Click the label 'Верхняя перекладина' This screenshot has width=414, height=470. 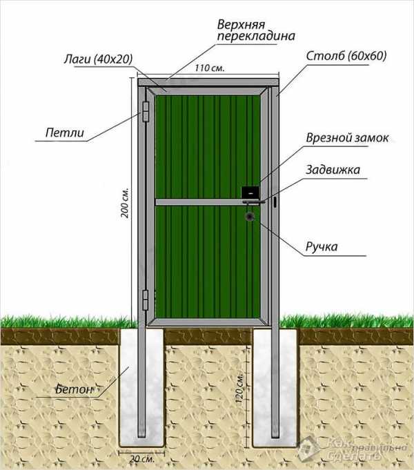pyautogui.click(x=256, y=30)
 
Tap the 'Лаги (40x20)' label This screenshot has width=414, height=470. pyautogui.click(x=98, y=59)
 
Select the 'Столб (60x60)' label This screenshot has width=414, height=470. pyautogui.click(x=346, y=56)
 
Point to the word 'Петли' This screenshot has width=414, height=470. pyautogui.click(x=65, y=133)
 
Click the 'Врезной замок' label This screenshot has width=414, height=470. pyautogui.click(x=347, y=138)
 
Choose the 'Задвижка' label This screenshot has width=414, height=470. pyautogui.click(x=333, y=170)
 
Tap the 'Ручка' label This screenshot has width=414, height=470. pyautogui.click(x=322, y=247)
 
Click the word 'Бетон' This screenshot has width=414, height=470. pyautogui.click(x=74, y=389)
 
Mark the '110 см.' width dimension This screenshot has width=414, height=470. pyautogui.click(x=210, y=68)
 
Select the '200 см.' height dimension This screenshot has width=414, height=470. pyautogui.click(x=124, y=203)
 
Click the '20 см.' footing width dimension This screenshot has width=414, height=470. pyautogui.click(x=142, y=458)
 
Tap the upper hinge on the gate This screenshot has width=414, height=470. pyautogui.click(x=146, y=111)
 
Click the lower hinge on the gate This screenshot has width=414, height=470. pyautogui.click(x=146, y=300)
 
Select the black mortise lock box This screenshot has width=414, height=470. pyautogui.click(x=250, y=193)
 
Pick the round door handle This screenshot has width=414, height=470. pyautogui.click(x=249, y=217)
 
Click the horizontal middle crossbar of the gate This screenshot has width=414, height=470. pyautogui.click(x=208, y=202)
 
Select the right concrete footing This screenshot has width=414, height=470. pyautogui.click(x=275, y=387)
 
